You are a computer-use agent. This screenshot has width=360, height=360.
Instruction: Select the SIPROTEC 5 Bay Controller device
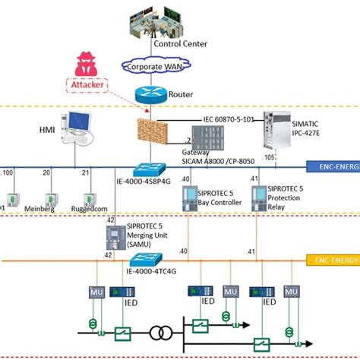coord(191,197)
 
